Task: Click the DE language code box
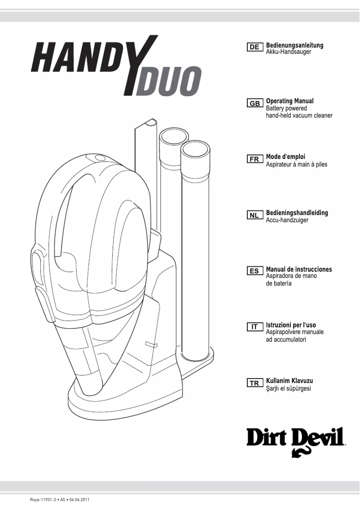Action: click(x=254, y=47)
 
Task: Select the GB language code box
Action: click(x=254, y=103)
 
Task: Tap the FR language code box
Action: click(x=254, y=159)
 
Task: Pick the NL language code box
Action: click(x=254, y=215)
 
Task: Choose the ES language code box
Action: click(x=254, y=271)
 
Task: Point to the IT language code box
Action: click(x=254, y=327)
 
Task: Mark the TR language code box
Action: click(x=254, y=383)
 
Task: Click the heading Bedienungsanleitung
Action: click(x=294, y=45)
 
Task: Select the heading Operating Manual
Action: click(x=290, y=101)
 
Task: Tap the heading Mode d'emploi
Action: click(x=285, y=157)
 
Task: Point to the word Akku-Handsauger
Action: click(x=289, y=52)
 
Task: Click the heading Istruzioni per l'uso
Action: click(x=294, y=325)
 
